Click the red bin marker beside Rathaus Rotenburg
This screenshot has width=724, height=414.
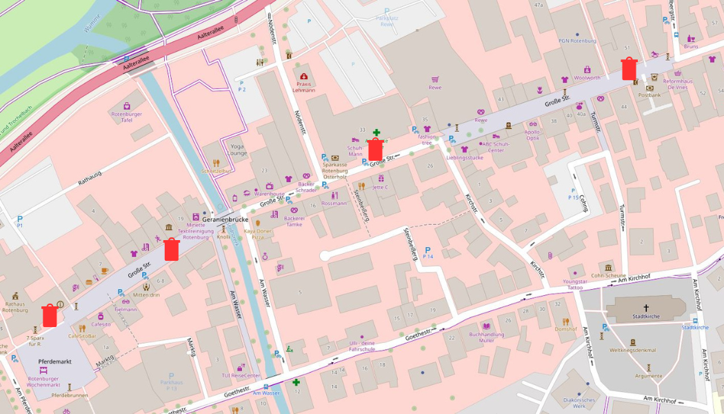point(50,315)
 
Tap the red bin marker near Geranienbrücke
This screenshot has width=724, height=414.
point(172,249)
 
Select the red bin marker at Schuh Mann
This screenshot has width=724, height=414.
point(375,149)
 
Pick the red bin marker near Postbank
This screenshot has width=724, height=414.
point(629,69)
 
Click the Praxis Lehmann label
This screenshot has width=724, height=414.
point(303,87)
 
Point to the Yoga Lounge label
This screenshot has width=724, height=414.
point(239,150)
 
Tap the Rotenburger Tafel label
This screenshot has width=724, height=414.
point(126,117)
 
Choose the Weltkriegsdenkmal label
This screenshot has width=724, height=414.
point(632,350)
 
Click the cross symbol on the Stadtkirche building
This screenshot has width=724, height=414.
point(646,307)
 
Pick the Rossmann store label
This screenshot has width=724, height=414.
point(334,204)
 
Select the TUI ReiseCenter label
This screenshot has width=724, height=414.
point(241,375)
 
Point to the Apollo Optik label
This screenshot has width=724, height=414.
point(532,135)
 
